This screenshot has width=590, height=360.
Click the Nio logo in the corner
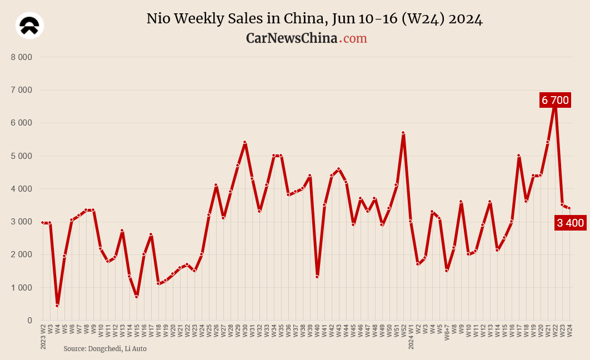[30, 25]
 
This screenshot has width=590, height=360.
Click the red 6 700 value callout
[555, 100]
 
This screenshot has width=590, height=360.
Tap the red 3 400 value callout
[570, 223]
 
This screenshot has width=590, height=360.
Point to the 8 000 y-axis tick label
[22, 57]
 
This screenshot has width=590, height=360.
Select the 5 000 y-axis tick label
[22, 156]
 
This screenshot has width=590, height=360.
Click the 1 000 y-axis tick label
[22, 287]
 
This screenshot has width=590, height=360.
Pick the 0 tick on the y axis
[29, 320]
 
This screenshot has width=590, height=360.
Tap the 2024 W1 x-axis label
[411, 337]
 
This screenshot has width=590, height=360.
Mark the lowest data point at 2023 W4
[57, 306]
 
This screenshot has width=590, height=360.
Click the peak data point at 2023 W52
[403, 133]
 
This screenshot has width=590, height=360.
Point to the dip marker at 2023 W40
[317, 277]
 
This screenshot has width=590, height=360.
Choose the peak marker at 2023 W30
[245, 142]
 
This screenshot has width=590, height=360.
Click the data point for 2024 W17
[519, 156]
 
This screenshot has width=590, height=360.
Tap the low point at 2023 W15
[137, 297]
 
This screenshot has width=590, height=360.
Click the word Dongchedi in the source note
[107, 348]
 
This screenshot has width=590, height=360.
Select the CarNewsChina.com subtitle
[307, 38]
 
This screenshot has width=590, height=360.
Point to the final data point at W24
[569, 208]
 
